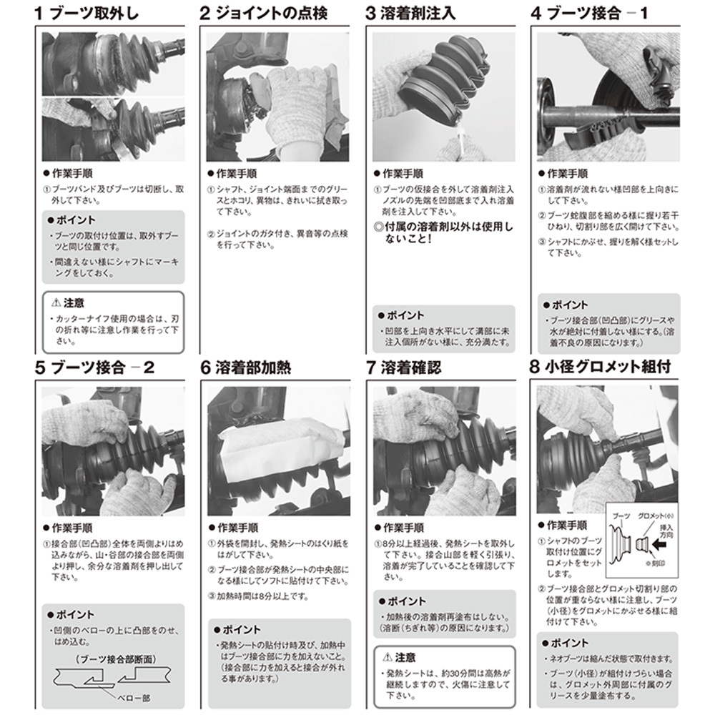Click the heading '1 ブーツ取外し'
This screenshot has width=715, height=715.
click(x=87, y=14)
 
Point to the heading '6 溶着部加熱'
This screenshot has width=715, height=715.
click(x=246, y=368)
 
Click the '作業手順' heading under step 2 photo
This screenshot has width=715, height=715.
click(x=236, y=174)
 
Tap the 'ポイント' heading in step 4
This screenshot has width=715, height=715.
click(x=569, y=305)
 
